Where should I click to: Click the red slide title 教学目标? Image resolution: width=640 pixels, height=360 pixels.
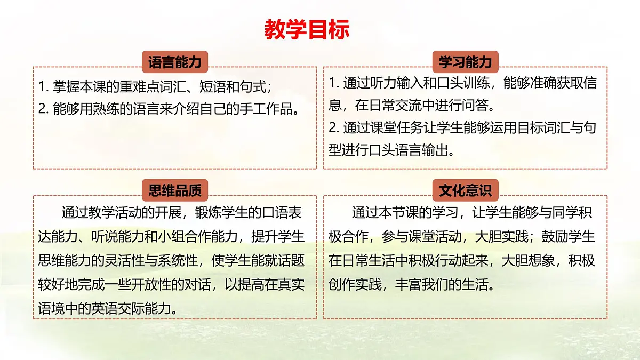point(307,29)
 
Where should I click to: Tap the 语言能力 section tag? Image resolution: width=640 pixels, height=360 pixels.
point(175,62)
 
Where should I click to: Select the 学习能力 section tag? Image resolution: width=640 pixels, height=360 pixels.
point(465,62)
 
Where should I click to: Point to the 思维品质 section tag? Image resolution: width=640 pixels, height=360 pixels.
point(175,190)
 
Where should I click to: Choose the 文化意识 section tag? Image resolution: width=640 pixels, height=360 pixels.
point(465,190)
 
